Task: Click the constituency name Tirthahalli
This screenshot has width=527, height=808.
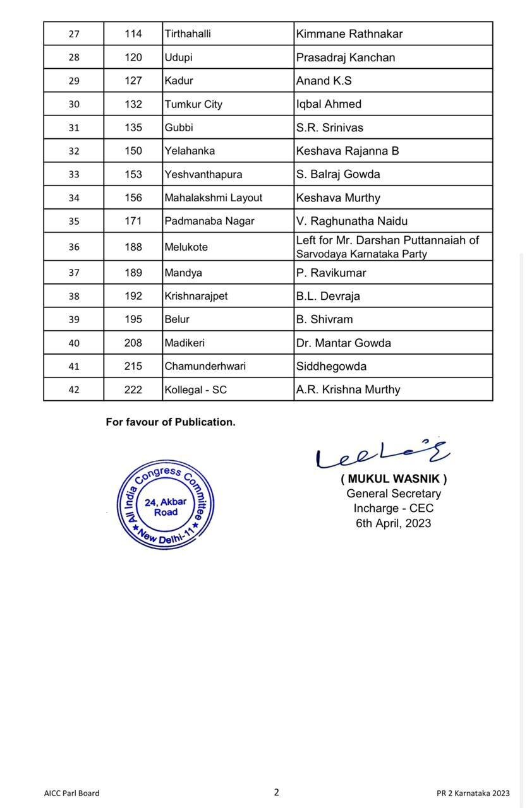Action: coord(188,34)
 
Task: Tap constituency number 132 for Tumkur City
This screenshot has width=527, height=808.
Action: coord(133,104)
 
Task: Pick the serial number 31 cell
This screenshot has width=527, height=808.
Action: coord(74,128)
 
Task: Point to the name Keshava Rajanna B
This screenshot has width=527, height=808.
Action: coord(348,151)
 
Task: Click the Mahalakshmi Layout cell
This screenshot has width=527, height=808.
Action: coord(214,198)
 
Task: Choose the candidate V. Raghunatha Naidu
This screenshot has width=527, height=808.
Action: coord(352,221)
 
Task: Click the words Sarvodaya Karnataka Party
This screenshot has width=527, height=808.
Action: coord(361,254)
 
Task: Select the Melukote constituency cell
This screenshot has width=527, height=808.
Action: coord(186,247)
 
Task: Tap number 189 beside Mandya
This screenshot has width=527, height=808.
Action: coord(133,273)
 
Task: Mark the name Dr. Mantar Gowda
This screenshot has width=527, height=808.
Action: coord(344,343)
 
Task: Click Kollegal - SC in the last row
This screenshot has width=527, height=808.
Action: coord(195,389)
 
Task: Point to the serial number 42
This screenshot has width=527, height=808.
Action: coord(74,389)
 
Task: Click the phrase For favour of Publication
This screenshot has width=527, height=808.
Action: coord(171,422)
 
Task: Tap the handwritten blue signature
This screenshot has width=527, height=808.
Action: coord(382,453)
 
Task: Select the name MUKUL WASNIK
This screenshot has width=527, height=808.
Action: coord(394,478)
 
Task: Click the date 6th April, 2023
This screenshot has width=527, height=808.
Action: coord(393,523)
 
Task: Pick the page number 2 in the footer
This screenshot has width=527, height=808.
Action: coord(276,792)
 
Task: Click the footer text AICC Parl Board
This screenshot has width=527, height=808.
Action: coord(71,793)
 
